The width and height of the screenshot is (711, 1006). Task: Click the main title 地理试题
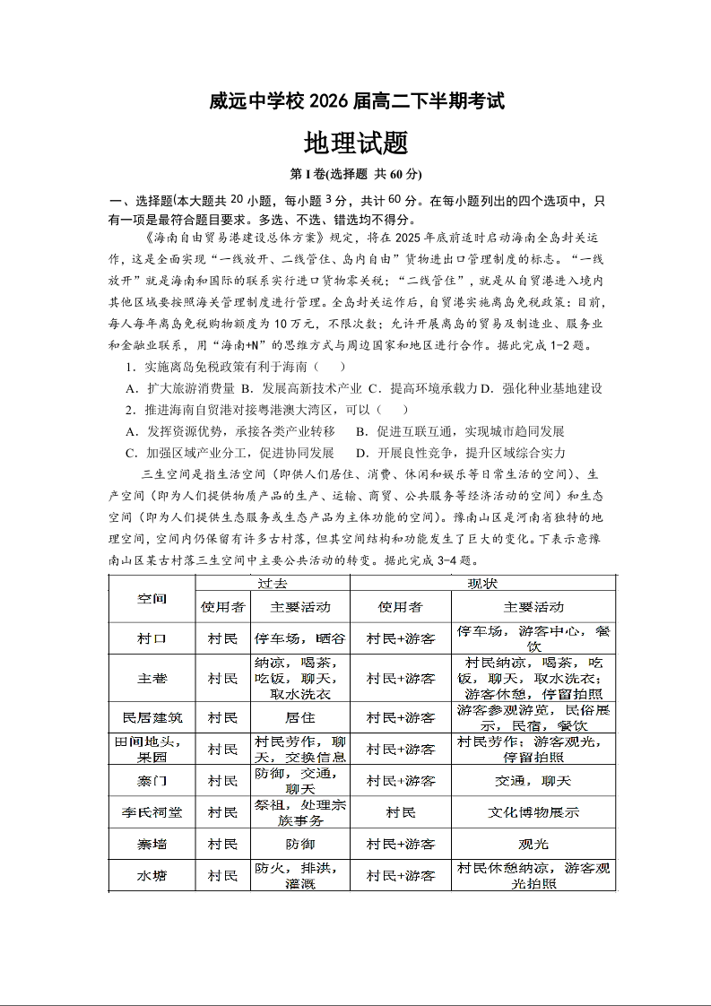pos(356,143)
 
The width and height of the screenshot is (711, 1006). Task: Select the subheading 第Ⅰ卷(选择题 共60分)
pos(356,174)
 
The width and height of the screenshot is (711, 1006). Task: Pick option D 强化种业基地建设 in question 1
pos(542,388)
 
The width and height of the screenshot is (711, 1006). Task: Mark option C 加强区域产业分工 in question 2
pos(230,453)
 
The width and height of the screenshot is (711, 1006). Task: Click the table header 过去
pos(273,583)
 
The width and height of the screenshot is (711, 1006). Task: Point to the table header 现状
pos(482,583)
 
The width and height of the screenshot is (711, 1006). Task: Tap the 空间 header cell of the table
pos(152,598)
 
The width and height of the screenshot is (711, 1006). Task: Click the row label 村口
pos(152,638)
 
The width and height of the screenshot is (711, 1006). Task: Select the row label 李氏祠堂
pos(152,812)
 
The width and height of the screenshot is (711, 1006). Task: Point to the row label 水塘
pos(152,875)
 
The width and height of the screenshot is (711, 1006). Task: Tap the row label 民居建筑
pos(152,717)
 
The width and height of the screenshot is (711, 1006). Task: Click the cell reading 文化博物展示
pos(533,812)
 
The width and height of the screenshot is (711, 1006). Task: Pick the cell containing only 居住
pos(299,717)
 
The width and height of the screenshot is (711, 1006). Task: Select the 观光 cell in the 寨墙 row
pos(533,844)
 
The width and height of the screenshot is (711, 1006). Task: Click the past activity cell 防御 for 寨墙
pos(299,844)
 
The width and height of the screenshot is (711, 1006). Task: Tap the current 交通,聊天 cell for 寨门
pos(533,781)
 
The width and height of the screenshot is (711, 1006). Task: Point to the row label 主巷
pos(152,679)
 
